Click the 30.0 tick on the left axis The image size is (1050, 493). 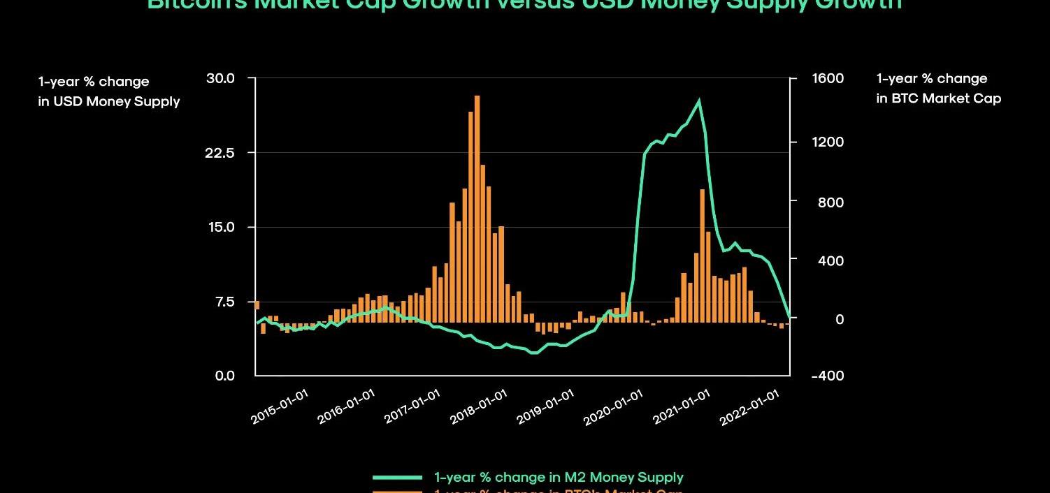pyautogui.click(x=221, y=78)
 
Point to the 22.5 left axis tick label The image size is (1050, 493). pyautogui.click(x=221, y=152)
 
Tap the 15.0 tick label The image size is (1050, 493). pyautogui.click(x=221, y=227)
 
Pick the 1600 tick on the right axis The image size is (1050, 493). pyautogui.click(x=828, y=78)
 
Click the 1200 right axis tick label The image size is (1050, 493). pyautogui.click(x=828, y=142)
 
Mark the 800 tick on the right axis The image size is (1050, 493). pyautogui.click(x=830, y=203)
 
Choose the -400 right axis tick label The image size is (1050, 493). pyautogui.click(x=828, y=376)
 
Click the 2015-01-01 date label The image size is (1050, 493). pyautogui.click(x=280, y=406)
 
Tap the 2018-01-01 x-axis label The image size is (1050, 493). pyautogui.click(x=479, y=406)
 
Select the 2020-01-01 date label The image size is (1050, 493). pyautogui.click(x=613, y=406)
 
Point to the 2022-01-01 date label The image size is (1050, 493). pyautogui.click(x=749, y=406)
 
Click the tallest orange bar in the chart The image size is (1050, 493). pyautogui.click(x=477, y=209)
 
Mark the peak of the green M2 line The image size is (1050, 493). pyautogui.click(x=698, y=101)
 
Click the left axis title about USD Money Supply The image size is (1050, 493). pyautogui.click(x=108, y=91)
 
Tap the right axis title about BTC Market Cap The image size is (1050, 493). pyautogui.click(x=938, y=89)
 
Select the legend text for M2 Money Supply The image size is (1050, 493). pyautogui.click(x=559, y=478)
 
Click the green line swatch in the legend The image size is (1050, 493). pyautogui.click(x=397, y=478)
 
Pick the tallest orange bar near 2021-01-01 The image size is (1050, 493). pyautogui.click(x=702, y=256)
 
